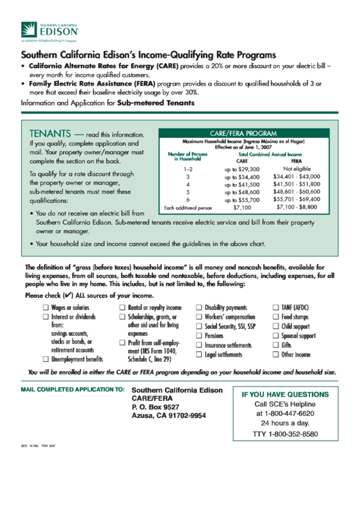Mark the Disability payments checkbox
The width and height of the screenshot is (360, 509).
click(200, 308)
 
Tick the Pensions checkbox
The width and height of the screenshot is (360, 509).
click(200, 336)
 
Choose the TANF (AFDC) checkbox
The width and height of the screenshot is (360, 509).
click(276, 308)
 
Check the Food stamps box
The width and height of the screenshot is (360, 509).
click(276, 317)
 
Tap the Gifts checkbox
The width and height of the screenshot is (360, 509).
click(276, 345)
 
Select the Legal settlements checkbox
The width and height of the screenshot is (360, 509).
click(200, 355)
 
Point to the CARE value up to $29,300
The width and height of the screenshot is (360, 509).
click(242, 169)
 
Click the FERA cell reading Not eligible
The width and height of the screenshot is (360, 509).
click(297, 168)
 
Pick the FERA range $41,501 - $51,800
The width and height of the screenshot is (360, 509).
click(296, 183)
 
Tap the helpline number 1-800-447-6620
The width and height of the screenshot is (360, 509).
click(285, 413)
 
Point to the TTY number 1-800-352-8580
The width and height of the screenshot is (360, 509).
click(285, 434)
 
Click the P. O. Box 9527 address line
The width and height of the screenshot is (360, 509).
click(156, 406)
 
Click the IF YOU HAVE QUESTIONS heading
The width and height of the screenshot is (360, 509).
click(285, 393)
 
